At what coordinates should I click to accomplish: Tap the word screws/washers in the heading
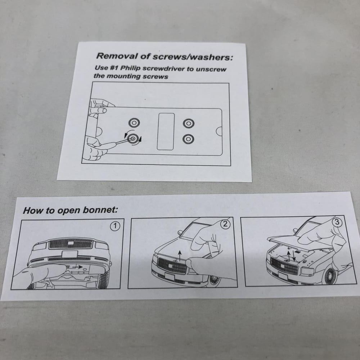(x=193, y=57)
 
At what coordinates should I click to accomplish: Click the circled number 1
(x=115, y=226)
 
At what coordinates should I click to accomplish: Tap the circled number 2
(x=225, y=224)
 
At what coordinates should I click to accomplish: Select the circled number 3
(x=337, y=222)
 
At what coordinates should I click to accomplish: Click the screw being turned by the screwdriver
(x=133, y=139)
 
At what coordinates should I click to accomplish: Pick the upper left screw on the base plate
(x=134, y=123)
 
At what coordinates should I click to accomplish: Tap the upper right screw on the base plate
(x=189, y=123)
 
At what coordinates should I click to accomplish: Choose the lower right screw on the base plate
(x=189, y=139)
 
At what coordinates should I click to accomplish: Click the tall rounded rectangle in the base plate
(x=166, y=131)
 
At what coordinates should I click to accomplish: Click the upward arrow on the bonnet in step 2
(x=180, y=256)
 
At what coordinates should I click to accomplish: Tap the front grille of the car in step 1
(x=71, y=244)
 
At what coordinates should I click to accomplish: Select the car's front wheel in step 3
(x=329, y=276)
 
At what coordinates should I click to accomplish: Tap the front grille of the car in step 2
(x=172, y=265)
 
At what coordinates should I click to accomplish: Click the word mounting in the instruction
(x=124, y=76)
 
